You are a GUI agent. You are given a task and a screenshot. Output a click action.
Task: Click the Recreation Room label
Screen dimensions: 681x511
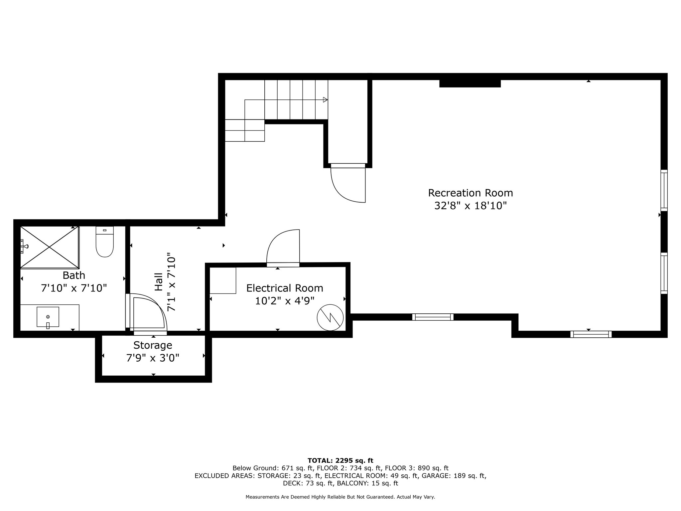[470, 193]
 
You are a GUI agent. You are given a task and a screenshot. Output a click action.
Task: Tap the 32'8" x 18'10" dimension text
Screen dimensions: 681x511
[470, 206]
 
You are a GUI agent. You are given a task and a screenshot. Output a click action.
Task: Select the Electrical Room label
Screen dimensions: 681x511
[285, 288]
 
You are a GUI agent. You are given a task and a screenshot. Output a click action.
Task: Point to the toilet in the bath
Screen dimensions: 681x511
[104, 242]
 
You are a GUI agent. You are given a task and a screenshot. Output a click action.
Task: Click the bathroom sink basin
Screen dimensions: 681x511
[48, 317]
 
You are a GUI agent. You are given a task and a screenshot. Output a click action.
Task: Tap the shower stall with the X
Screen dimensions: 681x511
[50, 247]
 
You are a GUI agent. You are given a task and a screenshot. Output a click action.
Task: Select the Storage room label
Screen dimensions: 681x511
[153, 345]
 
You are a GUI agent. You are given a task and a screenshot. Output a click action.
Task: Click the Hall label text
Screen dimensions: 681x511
[159, 282]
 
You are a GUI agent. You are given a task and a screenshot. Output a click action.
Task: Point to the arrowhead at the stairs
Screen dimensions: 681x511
[325, 100]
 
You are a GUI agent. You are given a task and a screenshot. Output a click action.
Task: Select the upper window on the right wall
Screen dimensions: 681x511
[664, 190]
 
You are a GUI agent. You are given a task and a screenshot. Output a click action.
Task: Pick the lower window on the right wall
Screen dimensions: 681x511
[664, 273]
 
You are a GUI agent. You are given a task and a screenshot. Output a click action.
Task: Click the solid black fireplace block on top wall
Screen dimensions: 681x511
[470, 83]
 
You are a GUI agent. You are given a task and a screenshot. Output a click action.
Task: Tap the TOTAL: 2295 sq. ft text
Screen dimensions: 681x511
[340, 461]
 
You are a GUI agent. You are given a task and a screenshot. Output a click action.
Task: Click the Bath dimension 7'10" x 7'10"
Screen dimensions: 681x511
[74, 288]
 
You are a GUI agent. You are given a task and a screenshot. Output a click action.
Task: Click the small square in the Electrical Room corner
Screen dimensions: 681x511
[223, 280]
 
